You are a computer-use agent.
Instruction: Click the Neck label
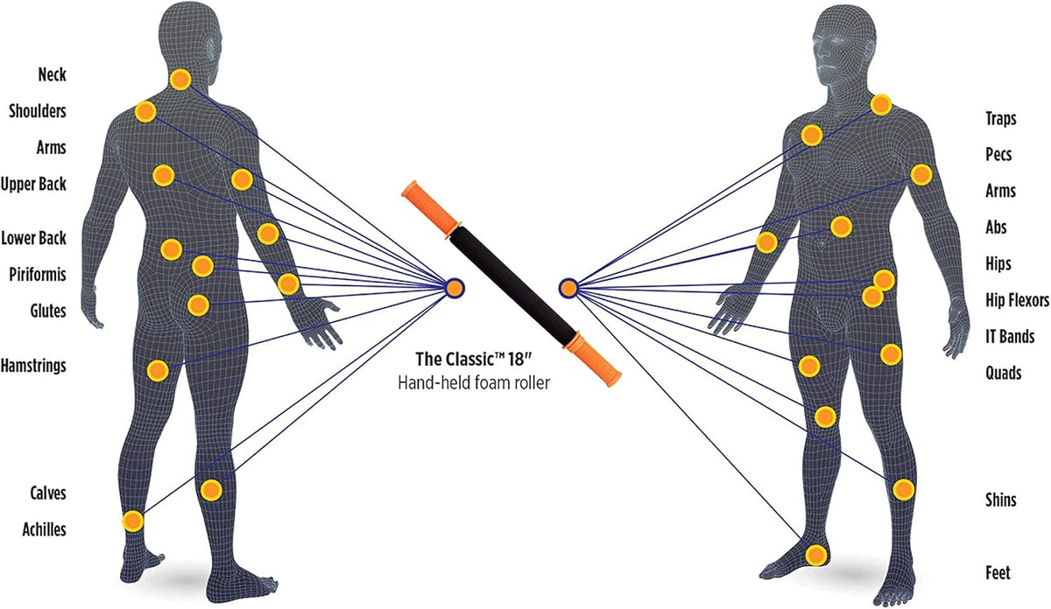point(52,74)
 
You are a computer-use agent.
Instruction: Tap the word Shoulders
point(38,111)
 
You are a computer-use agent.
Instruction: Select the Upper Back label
point(33,185)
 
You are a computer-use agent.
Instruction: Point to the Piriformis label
point(38,275)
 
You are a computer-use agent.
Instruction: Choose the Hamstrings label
point(33,366)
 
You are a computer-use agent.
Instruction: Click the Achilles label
point(44,529)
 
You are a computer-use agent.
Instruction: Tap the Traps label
point(1001,119)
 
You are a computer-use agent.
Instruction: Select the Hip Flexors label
point(1017,300)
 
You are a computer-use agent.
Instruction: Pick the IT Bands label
point(1010,337)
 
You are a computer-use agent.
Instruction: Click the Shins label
point(1001,500)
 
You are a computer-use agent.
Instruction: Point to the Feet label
point(998,573)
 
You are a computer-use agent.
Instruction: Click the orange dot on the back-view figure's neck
point(180,80)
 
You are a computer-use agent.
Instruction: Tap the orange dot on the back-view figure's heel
point(133,521)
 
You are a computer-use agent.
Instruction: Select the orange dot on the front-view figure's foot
point(816,555)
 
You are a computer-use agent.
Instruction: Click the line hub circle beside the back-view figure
point(454,289)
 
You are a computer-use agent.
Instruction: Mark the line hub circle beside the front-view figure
point(568,289)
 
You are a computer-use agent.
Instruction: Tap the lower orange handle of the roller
point(592,359)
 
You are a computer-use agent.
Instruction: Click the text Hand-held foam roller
point(474,383)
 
